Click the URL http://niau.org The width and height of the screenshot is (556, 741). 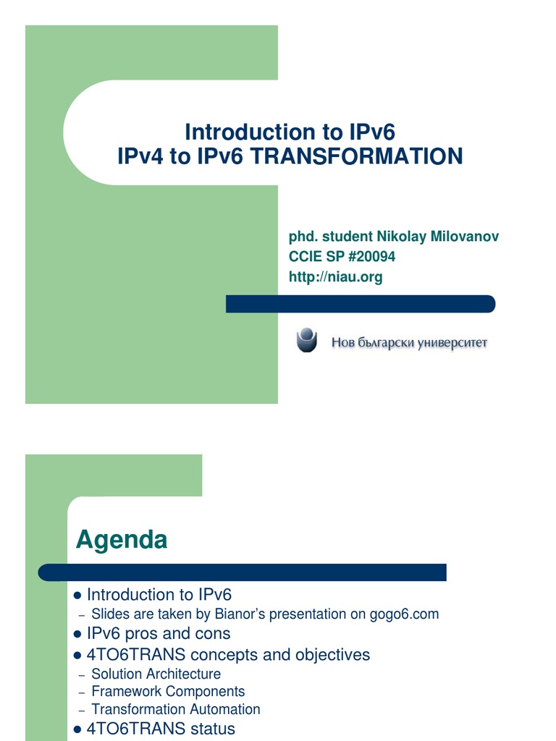(x=335, y=276)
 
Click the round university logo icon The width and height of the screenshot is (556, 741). (x=307, y=340)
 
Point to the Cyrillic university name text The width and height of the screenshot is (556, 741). (x=409, y=342)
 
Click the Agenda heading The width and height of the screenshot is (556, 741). (x=122, y=539)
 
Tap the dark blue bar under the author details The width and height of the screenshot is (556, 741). (x=360, y=304)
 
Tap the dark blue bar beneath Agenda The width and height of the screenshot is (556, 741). (x=243, y=573)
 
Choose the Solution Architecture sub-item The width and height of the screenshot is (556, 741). (x=156, y=674)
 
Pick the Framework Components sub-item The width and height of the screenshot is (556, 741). (x=168, y=692)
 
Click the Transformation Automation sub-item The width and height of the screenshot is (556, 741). (x=175, y=709)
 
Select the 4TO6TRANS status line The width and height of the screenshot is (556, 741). (x=161, y=729)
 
